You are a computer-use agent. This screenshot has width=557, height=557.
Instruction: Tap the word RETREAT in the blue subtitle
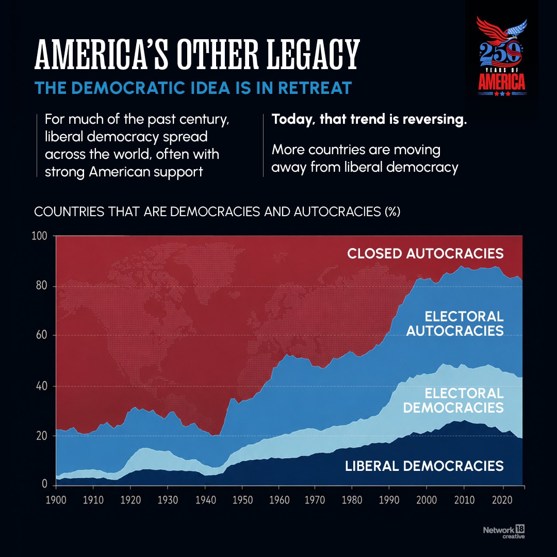pyautogui.click(x=315, y=88)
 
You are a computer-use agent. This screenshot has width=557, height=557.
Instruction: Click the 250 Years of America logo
pyautogui.click(x=502, y=57)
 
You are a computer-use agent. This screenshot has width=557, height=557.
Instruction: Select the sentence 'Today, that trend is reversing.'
pyautogui.click(x=369, y=119)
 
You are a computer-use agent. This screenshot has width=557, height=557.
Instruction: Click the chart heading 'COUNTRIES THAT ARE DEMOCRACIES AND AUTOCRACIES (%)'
pyautogui.click(x=217, y=212)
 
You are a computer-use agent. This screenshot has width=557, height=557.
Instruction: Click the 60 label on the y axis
pyautogui.click(x=41, y=335)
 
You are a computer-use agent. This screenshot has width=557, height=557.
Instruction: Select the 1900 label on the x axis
pyautogui.click(x=56, y=500)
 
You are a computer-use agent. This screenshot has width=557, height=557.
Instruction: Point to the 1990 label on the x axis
pyautogui.click(x=389, y=500)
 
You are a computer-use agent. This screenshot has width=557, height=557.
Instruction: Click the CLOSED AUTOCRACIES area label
pyautogui.click(x=425, y=254)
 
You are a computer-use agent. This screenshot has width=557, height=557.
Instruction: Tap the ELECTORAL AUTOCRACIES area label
pyautogui.click(x=455, y=323)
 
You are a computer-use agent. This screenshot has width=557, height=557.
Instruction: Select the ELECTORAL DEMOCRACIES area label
pyautogui.click(x=454, y=400)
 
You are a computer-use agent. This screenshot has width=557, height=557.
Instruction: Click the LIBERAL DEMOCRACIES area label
pyautogui.click(x=424, y=466)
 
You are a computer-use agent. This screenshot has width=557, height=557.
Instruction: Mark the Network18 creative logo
pyautogui.click(x=504, y=532)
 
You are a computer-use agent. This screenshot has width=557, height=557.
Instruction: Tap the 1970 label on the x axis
pyautogui.click(x=315, y=500)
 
